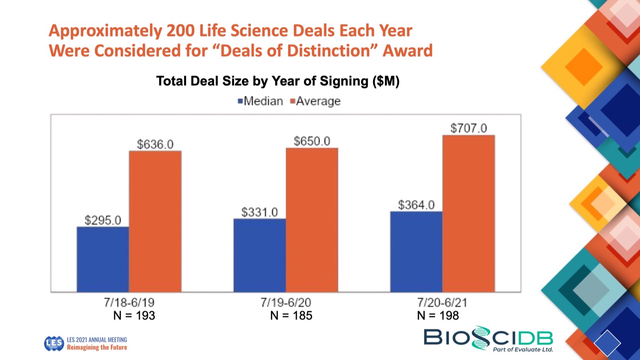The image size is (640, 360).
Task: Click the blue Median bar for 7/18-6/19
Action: click(x=103, y=259)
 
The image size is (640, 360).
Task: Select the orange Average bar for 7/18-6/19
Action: click(x=155, y=221)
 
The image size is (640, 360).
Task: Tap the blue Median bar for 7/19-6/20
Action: click(x=260, y=255)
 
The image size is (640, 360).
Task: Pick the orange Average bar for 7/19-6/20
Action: click(x=312, y=220)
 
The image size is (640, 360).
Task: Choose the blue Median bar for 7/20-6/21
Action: click(x=416, y=251)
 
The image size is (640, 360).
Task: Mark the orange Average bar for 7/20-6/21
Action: click(x=469, y=213)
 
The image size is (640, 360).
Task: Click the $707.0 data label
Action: click(x=469, y=128)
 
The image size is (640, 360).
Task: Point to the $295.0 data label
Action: click(x=103, y=220)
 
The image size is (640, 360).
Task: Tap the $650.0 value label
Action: click(x=312, y=141)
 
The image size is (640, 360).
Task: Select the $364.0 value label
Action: click(x=416, y=205)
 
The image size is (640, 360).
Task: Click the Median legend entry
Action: click(x=260, y=101)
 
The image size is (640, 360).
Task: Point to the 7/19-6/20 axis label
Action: click(x=286, y=303)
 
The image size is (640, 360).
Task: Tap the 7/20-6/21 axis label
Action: click(x=442, y=303)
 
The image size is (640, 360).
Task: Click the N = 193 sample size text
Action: click(x=134, y=316)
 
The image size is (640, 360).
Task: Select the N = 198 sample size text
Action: click(x=438, y=316)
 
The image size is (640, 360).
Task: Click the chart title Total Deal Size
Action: click(x=278, y=81)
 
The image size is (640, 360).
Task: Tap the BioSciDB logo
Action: click(x=488, y=338)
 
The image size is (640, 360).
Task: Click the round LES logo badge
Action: click(x=54, y=344)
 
